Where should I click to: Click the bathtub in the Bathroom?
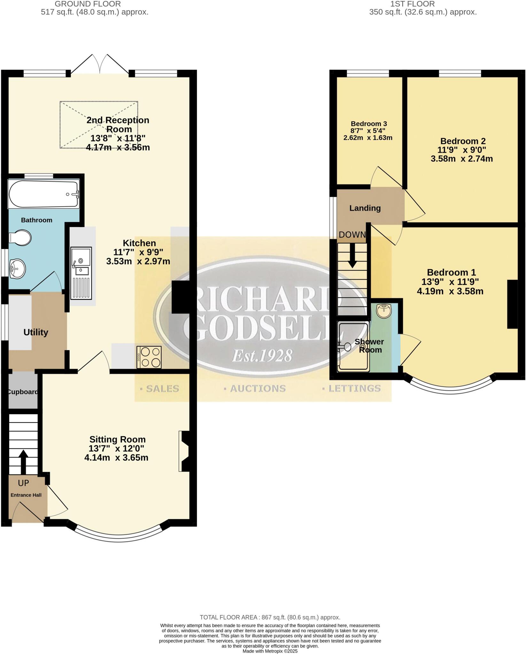point(44,194)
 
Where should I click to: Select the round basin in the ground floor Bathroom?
point(17,269)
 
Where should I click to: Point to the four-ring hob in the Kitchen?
point(149,357)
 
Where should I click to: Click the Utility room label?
point(36,332)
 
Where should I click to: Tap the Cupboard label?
point(22,392)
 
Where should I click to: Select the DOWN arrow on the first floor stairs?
point(352,255)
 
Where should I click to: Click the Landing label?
point(365,208)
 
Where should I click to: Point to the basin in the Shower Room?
point(383,311)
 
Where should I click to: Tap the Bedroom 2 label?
point(463,141)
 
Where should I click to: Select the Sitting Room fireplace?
point(184,451)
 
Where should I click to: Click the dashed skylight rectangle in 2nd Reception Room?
point(99,125)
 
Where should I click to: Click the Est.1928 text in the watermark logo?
point(262,355)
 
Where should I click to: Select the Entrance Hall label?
point(26,495)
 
